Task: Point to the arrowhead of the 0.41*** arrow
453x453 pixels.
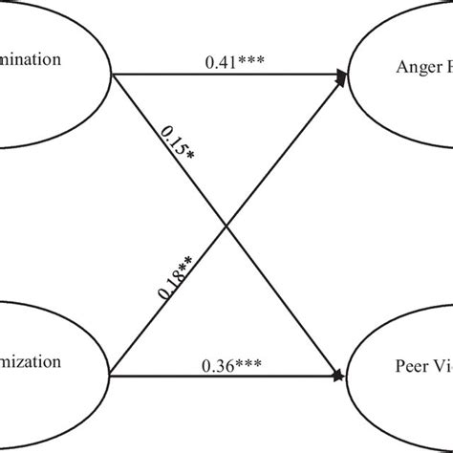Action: (342, 75)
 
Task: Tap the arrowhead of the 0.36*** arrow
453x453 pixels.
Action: (342, 375)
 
